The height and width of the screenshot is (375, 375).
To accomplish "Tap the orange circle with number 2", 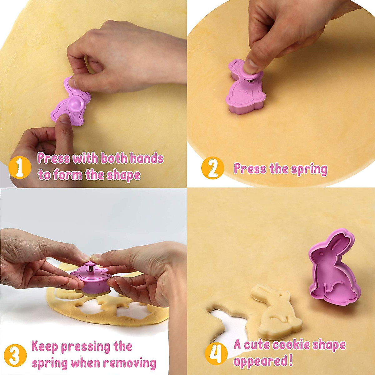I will [x=212, y=168].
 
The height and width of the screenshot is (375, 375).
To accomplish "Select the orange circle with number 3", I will [x=15, y=355].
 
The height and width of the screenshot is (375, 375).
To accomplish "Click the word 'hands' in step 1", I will [x=146, y=158].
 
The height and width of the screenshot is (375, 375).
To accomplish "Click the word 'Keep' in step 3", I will [x=45, y=347].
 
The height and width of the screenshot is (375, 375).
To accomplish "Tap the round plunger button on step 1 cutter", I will [x=76, y=104].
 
